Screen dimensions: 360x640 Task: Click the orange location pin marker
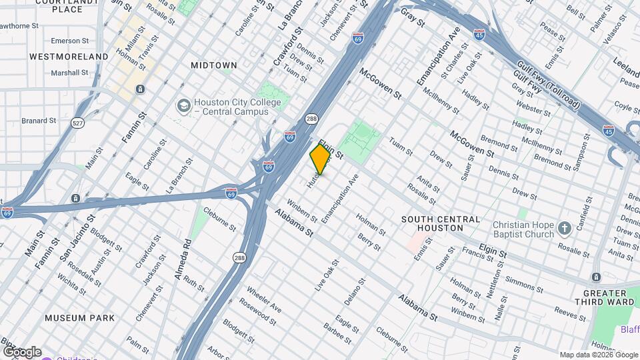pos(320,159)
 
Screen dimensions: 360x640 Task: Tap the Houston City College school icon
pos(183,106)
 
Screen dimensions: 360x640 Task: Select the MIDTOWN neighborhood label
pos(214,65)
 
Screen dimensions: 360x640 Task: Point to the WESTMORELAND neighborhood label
pos(69,57)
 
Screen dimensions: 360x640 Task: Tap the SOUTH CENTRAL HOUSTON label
pos(440,223)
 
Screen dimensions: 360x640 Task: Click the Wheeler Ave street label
pos(265,301)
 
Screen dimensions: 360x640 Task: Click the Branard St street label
pos(39,121)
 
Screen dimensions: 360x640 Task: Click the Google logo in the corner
pos(22,352)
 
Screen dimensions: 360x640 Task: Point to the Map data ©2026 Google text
pos(597,355)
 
